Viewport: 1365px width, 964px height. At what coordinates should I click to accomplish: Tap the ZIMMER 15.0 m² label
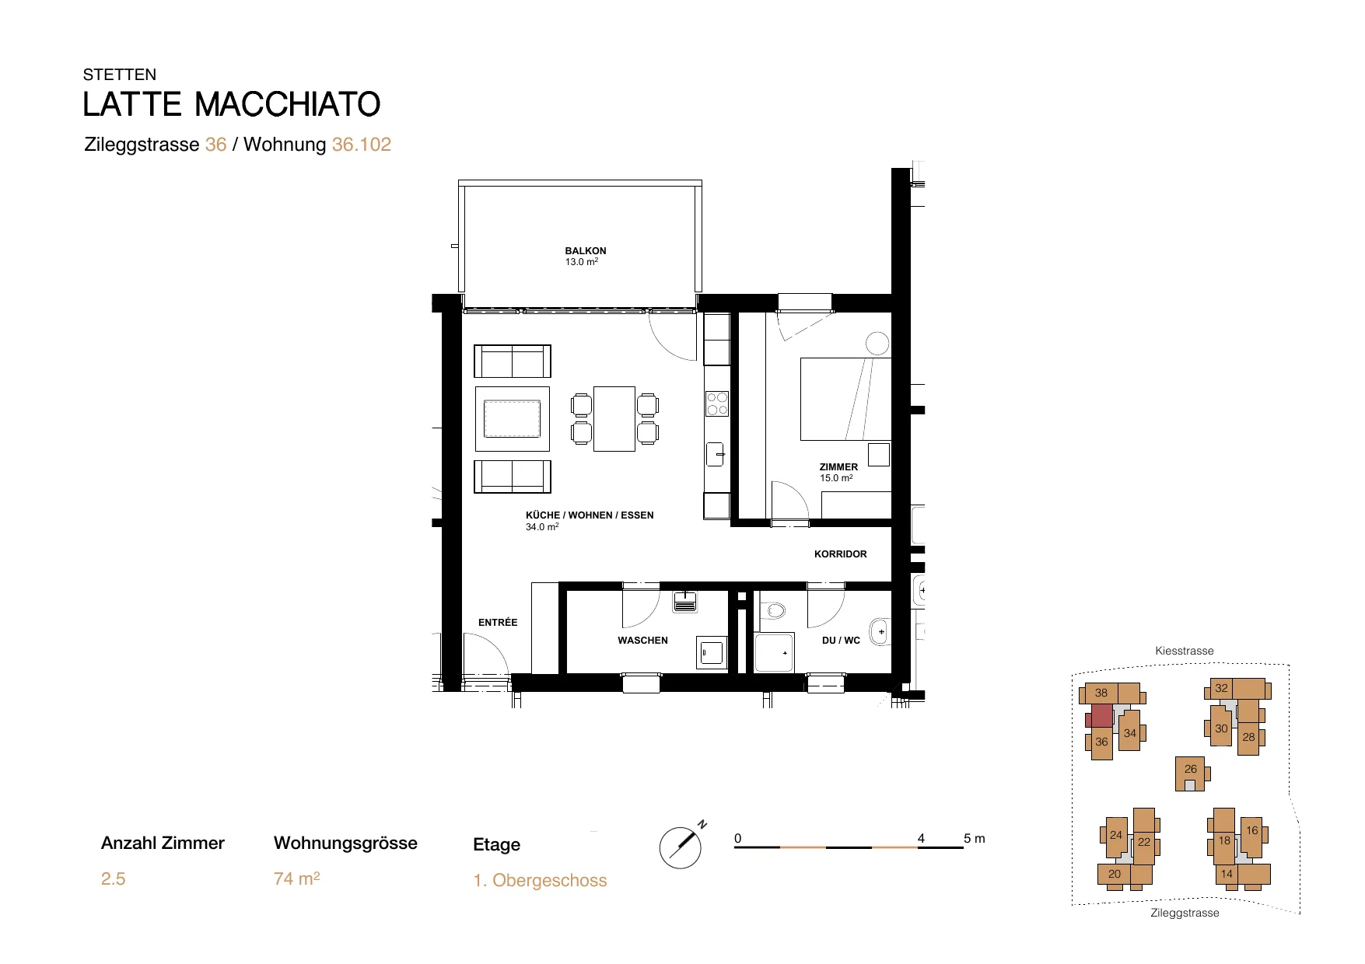pos(838,473)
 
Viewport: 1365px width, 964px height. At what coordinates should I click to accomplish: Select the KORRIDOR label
pos(840,554)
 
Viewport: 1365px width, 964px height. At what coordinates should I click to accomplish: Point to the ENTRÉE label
pos(498,622)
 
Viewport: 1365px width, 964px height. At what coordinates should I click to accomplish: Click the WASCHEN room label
pos(642,641)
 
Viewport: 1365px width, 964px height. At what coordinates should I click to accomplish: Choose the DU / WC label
pos(841,641)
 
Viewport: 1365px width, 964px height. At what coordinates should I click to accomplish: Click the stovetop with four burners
pos(717,404)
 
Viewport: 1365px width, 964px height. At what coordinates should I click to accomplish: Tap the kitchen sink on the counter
pos(716,453)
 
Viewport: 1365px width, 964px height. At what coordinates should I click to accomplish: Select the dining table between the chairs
pos(614,418)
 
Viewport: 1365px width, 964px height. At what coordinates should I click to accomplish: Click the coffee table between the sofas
pos(513,419)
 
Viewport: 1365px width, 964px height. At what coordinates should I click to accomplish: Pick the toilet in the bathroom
pos(772,610)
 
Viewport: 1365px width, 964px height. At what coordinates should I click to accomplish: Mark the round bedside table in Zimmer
pos(877,343)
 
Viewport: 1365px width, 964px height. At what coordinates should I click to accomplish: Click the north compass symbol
pos(681,847)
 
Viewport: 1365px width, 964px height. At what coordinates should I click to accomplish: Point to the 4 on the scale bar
pos(921,838)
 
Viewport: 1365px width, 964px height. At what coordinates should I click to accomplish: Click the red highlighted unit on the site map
pos(1101,715)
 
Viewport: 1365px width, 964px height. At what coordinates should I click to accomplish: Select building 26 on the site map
pos(1190,774)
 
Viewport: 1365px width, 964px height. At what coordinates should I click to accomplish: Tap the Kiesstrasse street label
pos(1185,651)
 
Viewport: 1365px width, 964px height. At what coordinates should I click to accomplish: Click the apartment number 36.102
pos(362,145)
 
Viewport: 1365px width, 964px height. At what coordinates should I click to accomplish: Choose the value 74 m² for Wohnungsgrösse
pos(297,878)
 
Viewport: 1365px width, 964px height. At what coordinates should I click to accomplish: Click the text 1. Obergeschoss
pos(540,881)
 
